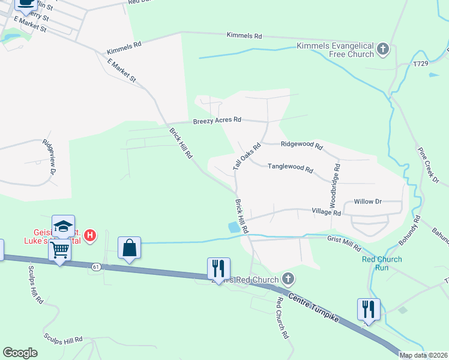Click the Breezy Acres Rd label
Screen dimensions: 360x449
point(217,120)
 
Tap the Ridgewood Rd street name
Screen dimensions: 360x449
point(301,145)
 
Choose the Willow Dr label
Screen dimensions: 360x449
point(367,202)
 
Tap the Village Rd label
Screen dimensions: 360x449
point(326,212)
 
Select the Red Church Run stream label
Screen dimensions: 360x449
point(382,263)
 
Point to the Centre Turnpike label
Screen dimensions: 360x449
point(313,307)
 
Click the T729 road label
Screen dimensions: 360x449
point(421,64)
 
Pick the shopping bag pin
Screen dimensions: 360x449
point(129,248)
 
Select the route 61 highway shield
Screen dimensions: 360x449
point(95,265)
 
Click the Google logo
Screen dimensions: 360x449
point(20,352)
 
